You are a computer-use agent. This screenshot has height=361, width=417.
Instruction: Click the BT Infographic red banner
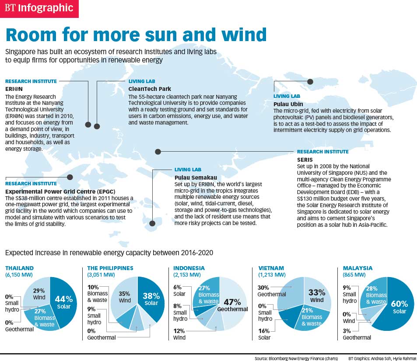[39, 8]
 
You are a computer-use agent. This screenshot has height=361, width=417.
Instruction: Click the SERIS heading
[305, 160]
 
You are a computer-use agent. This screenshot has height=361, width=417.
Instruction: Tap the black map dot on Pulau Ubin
[310, 81]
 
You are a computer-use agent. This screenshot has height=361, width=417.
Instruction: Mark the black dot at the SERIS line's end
[158, 152]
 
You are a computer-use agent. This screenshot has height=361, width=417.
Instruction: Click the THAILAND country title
[19, 268]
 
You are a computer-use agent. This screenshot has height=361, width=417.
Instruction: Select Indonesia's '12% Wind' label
[179, 334]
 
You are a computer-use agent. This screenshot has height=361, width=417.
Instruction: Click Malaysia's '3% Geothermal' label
[357, 334]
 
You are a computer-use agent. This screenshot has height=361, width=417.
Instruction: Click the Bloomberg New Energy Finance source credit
[296, 358]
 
